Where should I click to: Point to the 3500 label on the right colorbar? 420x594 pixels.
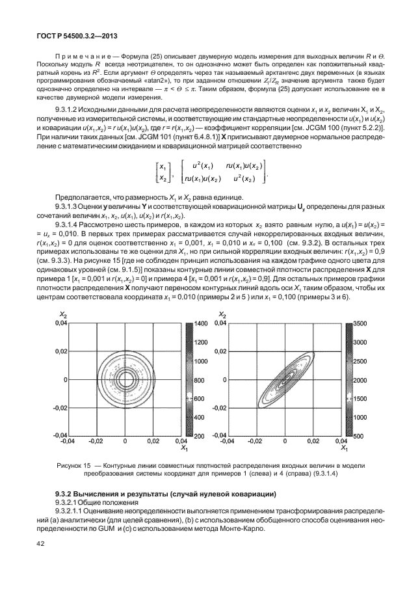coord(361,323)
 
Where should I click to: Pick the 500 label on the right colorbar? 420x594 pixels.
coord(359,435)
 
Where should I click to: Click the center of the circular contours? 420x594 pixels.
coord(124,379)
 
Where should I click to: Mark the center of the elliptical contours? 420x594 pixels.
coord(285,379)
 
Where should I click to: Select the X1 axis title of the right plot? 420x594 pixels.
coord(344,449)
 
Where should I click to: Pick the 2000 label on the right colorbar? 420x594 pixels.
coord(361,379)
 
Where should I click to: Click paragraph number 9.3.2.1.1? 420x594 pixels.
coord(74,511)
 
